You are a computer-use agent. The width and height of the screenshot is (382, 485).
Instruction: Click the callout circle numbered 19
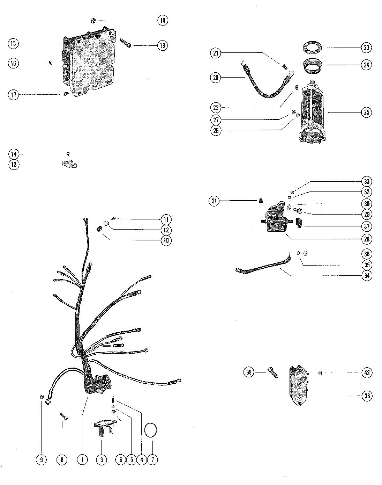coord(162,20)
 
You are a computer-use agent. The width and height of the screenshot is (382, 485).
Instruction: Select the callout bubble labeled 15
coord(13,43)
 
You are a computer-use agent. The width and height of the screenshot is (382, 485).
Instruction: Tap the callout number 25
coord(366,112)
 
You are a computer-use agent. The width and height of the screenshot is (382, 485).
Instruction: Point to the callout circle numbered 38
coord(367,396)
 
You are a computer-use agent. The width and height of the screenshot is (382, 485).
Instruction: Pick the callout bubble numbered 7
coord(152,459)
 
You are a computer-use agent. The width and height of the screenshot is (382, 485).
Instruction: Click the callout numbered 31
coord(215,201)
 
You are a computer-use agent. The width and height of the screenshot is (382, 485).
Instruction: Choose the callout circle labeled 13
coord(13,165)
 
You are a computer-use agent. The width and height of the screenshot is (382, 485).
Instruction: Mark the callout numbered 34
coord(367,275)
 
